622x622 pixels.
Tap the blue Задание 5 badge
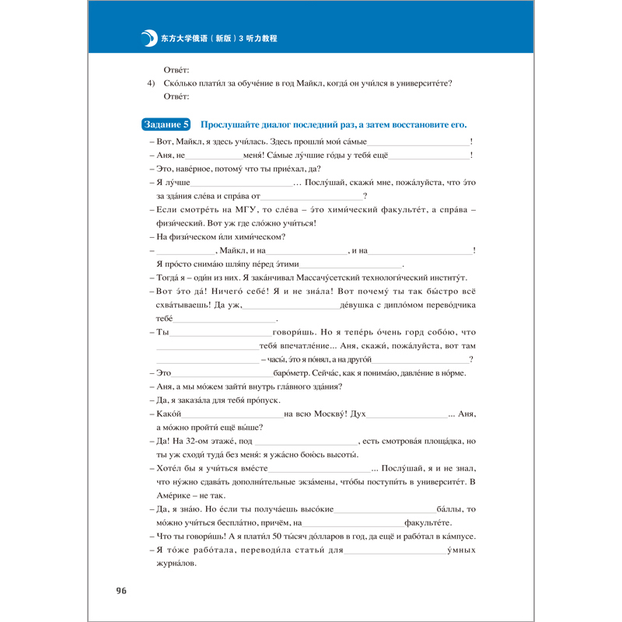[x=166, y=124]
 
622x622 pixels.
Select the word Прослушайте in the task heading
[x=229, y=124]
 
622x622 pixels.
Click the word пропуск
[x=279, y=400]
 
